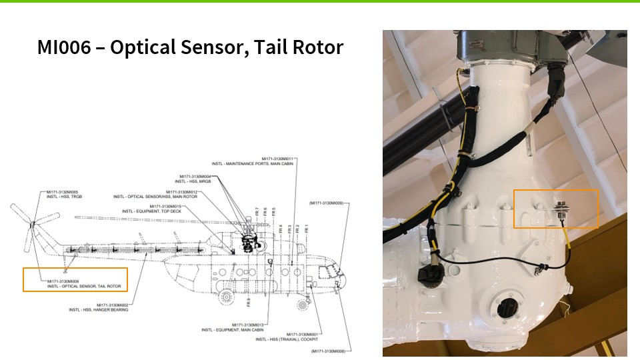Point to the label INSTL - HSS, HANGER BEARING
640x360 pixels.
[99, 309]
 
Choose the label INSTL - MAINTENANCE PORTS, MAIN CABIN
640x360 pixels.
[253, 163]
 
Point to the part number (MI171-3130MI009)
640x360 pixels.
[326, 203]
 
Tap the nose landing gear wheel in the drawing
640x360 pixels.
[304, 305]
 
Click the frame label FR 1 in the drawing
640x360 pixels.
[306, 229]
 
